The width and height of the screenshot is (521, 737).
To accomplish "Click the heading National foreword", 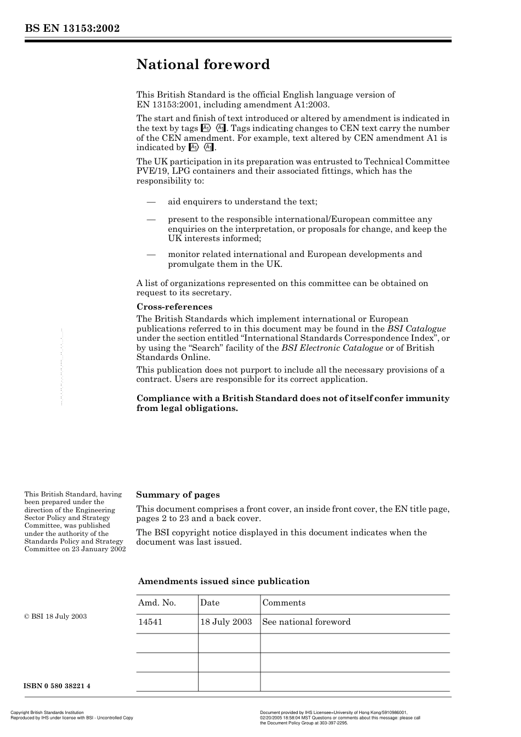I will click(x=203, y=65).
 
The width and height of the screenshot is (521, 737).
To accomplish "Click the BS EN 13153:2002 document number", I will click(x=72, y=29).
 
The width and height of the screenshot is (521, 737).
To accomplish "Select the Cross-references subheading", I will click(x=174, y=307).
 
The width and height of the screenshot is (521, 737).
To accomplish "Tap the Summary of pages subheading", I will click(x=178, y=495).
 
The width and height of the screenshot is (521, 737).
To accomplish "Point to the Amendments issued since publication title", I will click(x=224, y=581).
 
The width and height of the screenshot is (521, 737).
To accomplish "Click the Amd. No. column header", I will click(x=157, y=603).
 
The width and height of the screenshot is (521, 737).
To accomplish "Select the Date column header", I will click(x=209, y=603).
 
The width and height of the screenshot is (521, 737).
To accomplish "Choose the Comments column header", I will click(x=284, y=603).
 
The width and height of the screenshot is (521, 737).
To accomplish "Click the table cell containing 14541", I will click(x=150, y=622).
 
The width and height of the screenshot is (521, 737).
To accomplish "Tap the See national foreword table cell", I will click(x=306, y=622).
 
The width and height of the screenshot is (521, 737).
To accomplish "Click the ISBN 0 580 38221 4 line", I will click(x=57, y=686).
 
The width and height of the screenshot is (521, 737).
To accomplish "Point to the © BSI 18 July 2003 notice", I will click(x=55, y=616).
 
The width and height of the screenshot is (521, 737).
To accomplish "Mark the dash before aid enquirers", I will click(x=151, y=202).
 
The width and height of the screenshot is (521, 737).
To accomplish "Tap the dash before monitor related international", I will click(x=151, y=254).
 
